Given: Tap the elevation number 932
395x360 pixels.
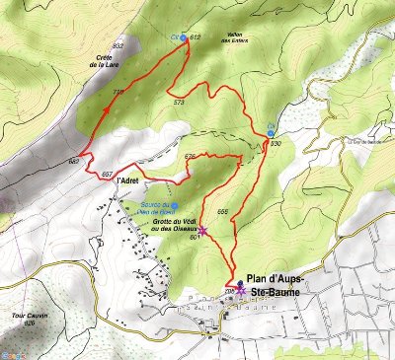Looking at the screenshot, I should pos(118,46).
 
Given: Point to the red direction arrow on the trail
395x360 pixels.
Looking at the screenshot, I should pos(103,114).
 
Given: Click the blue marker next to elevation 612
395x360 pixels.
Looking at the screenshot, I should pos(184,37).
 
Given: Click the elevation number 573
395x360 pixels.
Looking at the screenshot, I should pos(179,102).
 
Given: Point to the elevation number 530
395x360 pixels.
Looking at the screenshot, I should pos(276,143).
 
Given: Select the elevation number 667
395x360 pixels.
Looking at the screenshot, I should pos(107,174).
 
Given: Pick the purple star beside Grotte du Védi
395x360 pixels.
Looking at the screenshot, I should pos(202,229).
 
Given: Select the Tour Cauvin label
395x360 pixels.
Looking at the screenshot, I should pos(24,316).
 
